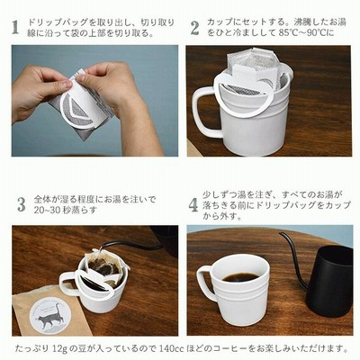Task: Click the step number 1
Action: point(15,27)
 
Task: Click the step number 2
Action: point(194,28)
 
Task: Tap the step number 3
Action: point(22,204)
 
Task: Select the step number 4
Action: point(193,205)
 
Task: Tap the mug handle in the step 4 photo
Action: point(208,283)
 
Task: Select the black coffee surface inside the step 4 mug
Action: point(241,276)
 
